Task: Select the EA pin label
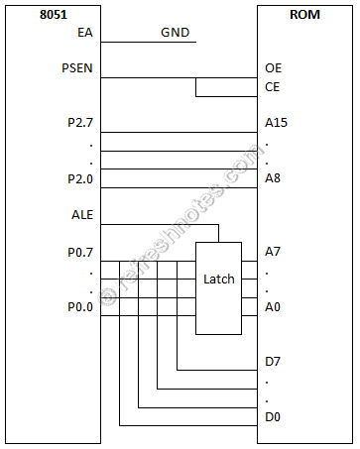(x=84, y=33)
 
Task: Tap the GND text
(x=177, y=33)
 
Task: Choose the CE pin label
(x=274, y=87)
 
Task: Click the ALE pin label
(x=81, y=214)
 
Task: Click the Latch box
(x=218, y=280)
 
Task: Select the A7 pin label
(x=274, y=252)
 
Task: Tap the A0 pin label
(x=274, y=306)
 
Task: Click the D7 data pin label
(x=274, y=362)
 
